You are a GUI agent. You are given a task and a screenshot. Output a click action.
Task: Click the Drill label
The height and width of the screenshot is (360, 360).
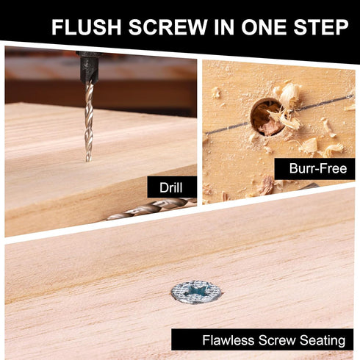[x=172, y=187]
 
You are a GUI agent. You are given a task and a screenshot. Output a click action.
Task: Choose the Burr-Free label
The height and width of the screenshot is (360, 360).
[x=314, y=169]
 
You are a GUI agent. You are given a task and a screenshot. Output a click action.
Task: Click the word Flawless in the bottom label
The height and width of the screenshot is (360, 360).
[x=226, y=339]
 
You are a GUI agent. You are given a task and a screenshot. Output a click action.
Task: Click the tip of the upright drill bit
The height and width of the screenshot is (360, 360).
[x=89, y=158]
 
